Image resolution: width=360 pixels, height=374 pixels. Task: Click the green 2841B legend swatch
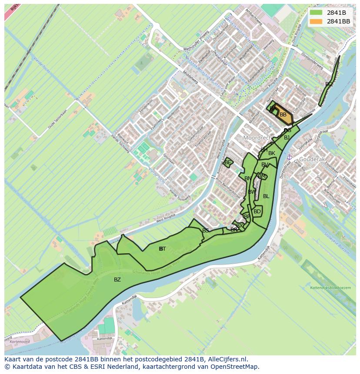tap(317, 13)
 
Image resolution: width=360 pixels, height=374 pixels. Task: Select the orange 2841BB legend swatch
tap(317, 21)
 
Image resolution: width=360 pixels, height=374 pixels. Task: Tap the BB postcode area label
tap(283, 115)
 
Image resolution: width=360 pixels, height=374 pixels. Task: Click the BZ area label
tap(117, 280)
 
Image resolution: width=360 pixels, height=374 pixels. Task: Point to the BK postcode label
tap(272, 153)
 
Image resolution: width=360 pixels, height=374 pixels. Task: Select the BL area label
tap(266, 196)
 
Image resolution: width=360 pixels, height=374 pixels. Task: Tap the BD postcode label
tap(257, 212)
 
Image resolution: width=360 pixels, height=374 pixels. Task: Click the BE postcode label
tap(228, 162)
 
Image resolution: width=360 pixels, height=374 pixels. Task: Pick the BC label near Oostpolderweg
tap(329, 84)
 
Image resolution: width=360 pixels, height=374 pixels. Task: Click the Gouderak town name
tap(312, 159)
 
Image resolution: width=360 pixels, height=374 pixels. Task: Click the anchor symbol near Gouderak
tap(289, 157)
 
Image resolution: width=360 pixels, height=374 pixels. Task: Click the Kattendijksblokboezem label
tap(330, 288)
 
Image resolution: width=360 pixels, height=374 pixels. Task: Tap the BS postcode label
tap(206, 230)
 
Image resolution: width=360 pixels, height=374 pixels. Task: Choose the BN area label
tap(248, 179)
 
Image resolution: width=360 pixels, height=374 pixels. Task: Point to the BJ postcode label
tap(287, 138)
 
